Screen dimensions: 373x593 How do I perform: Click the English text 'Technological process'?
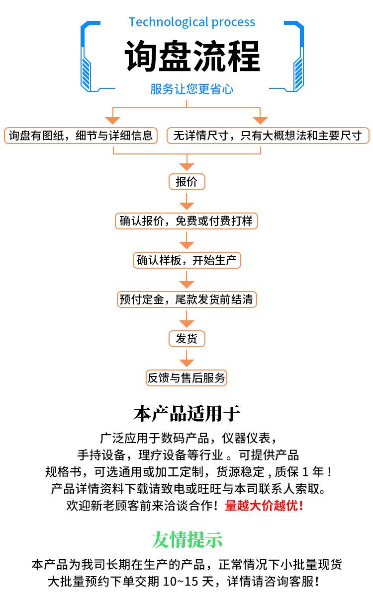click(x=191, y=22)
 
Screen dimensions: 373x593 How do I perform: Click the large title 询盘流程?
click(x=192, y=56)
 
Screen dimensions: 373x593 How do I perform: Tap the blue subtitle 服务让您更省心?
click(x=191, y=89)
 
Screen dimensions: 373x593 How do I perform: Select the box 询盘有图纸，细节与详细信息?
click(x=81, y=136)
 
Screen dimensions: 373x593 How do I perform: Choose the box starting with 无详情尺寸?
click(x=268, y=136)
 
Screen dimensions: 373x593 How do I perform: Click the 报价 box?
click(x=186, y=182)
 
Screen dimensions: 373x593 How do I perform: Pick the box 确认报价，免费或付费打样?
click(x=186, y=221)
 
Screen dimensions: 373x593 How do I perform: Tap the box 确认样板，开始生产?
click(x=186, y=260)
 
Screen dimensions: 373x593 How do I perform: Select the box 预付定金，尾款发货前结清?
click(x=186, y=299)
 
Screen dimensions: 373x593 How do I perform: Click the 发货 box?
click(x=186, y=339)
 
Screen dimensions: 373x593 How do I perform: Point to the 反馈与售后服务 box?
click(x=186, y=378)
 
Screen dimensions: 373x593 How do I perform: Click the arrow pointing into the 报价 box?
click(x=186, y=162)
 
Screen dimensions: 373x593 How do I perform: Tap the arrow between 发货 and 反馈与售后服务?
click(x=186, y=358)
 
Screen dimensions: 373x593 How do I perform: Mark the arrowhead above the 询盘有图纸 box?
click(x=112, y=120)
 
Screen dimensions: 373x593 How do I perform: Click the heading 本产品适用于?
click(x=186, y=413)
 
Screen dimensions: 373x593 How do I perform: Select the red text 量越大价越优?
click(x=264, y=505)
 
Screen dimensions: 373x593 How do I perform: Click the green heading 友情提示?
click(x=186, y=539)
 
